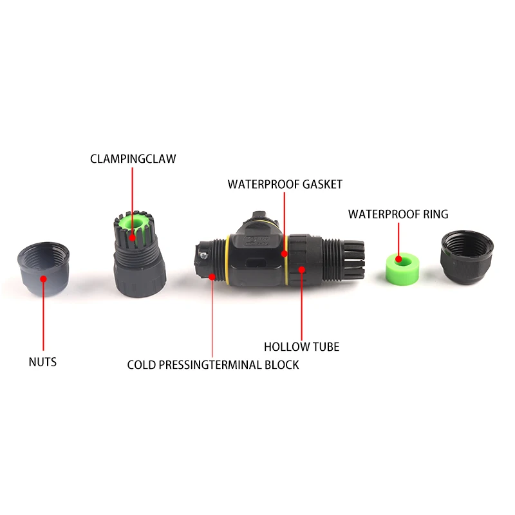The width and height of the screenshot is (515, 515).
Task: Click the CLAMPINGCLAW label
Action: pos(133,158)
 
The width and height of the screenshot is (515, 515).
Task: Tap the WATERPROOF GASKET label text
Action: pos(285,184)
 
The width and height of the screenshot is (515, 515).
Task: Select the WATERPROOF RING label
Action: pos(398,214)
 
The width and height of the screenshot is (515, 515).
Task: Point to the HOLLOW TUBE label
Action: pos(301,347)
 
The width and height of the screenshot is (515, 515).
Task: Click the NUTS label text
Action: pos(42,362)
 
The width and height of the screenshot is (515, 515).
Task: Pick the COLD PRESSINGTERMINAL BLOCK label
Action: pos(213,364)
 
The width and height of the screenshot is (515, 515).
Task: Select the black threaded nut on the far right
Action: pos(466,257)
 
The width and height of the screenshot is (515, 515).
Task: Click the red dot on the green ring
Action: pos(398,259)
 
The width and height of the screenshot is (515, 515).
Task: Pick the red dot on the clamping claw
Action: pos(133,237)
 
